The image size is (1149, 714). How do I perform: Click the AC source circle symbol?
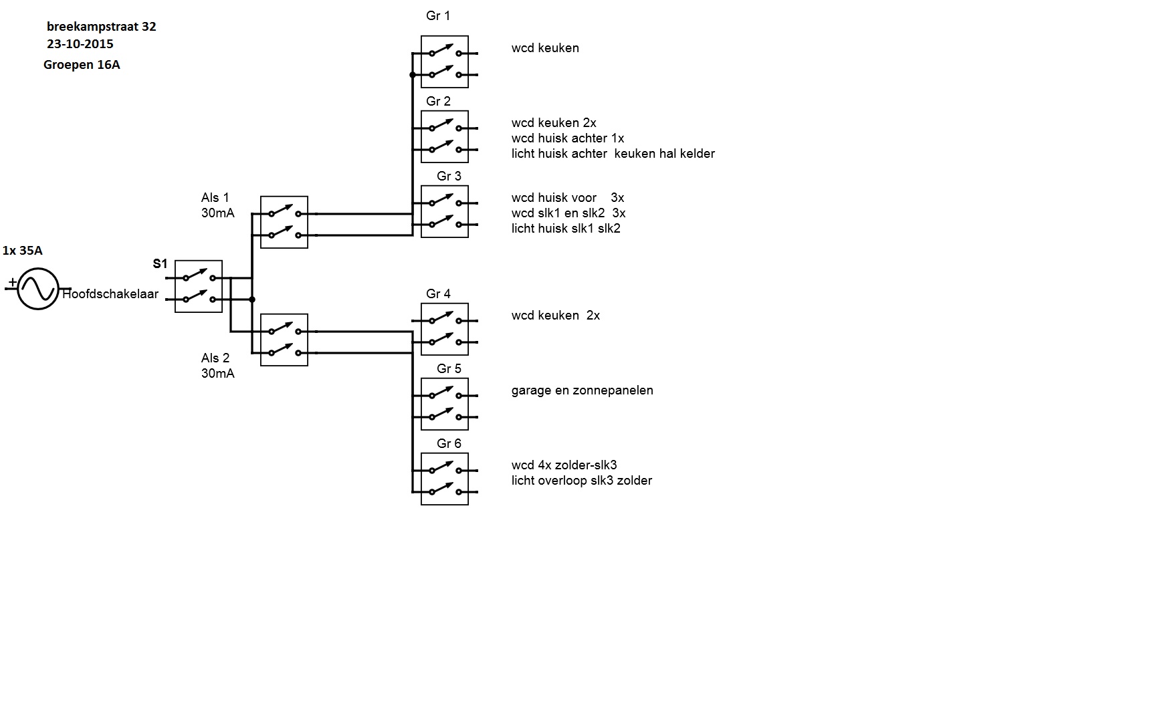click(38, 289)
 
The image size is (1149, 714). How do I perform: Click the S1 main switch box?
click(199, 287)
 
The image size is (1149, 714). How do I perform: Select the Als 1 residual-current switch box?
click(284, 223)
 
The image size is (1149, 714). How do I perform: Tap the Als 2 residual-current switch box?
click(284, 340)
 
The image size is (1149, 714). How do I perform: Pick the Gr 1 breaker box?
click(445, 62)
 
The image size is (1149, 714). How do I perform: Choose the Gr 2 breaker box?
click(445, 137)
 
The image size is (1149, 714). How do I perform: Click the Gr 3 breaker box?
click(445, 212)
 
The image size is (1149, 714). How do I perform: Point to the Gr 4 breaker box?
click(445, 330)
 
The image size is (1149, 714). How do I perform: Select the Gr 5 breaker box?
click(445, 404)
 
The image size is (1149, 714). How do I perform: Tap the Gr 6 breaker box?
click(445, 479)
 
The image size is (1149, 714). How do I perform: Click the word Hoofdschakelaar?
click(111, 294)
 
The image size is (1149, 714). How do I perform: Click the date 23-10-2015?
click(80, 44)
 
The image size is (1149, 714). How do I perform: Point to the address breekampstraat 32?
click(102, 27)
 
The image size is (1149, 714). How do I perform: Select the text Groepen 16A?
click(82, 65)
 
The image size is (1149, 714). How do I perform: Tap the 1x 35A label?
click(23, 251)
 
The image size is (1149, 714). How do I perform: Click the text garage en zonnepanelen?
click(582, 390)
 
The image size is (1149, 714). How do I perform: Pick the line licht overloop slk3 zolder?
click(581, 481)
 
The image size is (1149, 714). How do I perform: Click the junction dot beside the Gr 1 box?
click(413, 75)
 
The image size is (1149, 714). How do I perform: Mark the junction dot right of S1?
click(252, 300)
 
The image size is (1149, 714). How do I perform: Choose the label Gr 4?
click(438, 294)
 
